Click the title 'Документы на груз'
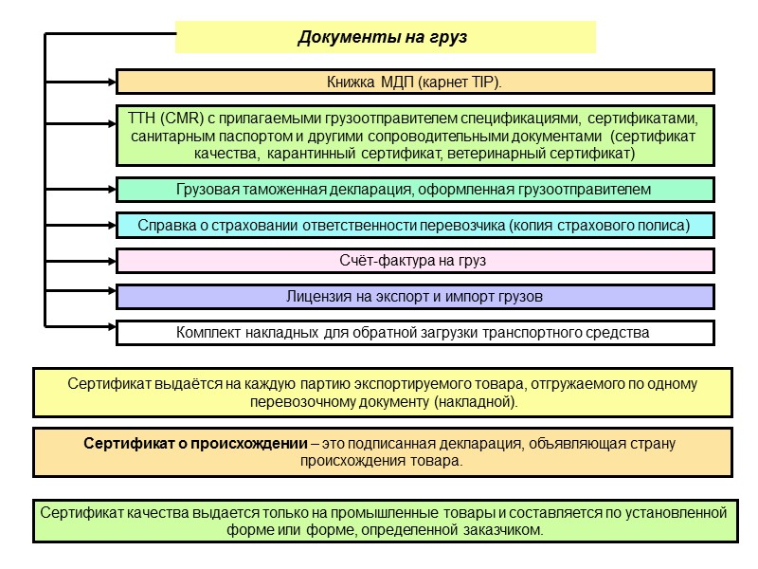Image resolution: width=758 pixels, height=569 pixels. (384, 38)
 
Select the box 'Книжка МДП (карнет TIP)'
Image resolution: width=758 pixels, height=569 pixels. (415, 82)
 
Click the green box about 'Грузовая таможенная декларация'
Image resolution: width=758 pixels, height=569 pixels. (415, 190)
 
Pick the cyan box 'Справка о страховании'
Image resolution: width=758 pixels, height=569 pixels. (415, 226)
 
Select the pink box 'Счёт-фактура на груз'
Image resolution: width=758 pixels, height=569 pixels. (415, 261)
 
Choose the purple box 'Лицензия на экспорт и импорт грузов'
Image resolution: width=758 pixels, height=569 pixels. (415, 297)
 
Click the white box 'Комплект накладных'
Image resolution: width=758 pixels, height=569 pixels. (415, 333)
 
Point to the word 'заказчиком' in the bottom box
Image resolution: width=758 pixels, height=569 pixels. (508, 530)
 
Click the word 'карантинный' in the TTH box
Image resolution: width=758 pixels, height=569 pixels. (309, 152)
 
